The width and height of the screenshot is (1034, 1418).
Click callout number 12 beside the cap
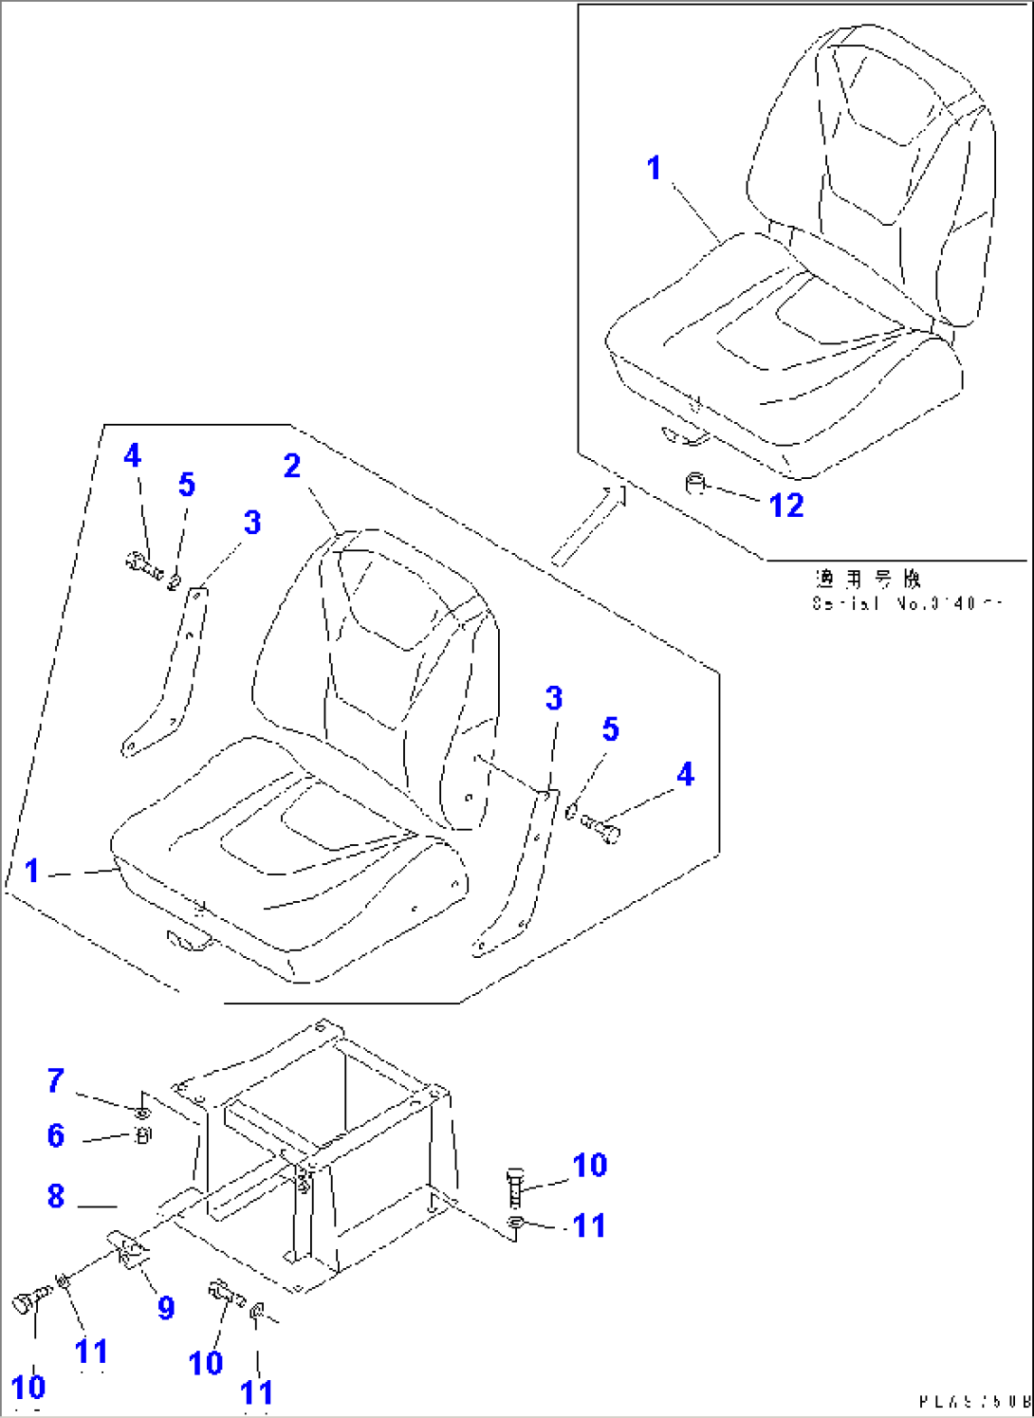coord(786,506)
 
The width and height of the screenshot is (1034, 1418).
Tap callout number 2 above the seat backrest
coord(292,466)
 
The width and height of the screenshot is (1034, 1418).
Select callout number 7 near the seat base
coord(56,1080)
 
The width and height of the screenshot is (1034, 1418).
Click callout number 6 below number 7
coord(56,1135)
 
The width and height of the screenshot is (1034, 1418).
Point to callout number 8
coord(56,1196)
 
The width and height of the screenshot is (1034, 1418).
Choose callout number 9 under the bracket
coord(166,1308)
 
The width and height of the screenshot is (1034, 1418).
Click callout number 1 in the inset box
coord(654,168)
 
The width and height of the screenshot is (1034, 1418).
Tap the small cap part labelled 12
coord(696,484)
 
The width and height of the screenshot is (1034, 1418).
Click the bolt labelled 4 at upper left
coord(143,566)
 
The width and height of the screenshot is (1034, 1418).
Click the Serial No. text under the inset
coord(906,603)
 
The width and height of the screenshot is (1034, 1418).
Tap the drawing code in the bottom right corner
coord(973,1401)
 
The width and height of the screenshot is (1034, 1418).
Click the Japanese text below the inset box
coord(867,578)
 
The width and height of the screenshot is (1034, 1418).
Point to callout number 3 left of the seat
coord(251,523)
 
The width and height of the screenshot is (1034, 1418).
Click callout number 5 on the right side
coord(610,729)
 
